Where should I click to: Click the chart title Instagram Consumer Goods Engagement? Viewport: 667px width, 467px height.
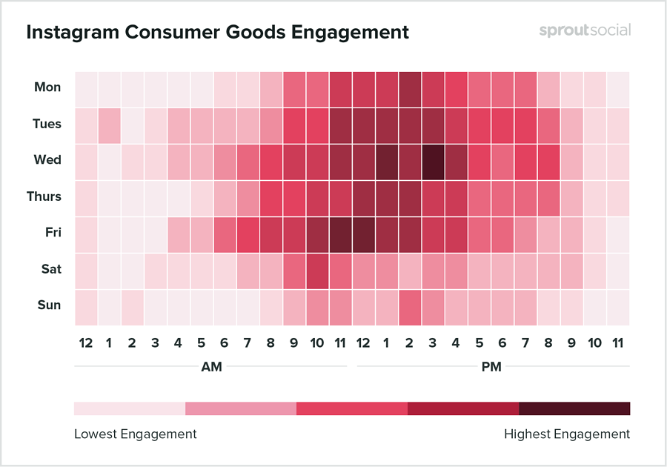(x=217, y=33)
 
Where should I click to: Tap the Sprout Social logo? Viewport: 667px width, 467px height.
(x=585, y=31)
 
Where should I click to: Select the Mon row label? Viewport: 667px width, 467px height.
(x=47, y=87)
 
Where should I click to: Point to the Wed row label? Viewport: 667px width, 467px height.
(x=47, y=160)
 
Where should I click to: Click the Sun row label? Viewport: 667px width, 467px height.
(x=50, y=305)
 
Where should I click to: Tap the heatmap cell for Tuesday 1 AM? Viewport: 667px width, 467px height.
(x=109, y=125)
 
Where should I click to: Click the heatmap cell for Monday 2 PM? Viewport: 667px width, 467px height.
(x=410, y=88)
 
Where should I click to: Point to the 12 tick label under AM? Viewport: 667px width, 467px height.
(x=86, y=343)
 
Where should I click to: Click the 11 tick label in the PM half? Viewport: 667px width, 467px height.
(x=618, y=343)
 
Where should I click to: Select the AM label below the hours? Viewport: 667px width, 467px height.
(x=210, y=367)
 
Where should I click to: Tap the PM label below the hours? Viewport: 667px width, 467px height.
(x=491, y=367)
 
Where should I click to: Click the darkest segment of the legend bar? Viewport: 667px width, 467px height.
(x=574, y=408)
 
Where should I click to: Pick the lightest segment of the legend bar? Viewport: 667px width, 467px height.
(x=129, y=408)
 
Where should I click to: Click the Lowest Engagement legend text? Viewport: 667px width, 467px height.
(x=136, y=434)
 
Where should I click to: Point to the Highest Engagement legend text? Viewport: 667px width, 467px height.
(x=567, y=434)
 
